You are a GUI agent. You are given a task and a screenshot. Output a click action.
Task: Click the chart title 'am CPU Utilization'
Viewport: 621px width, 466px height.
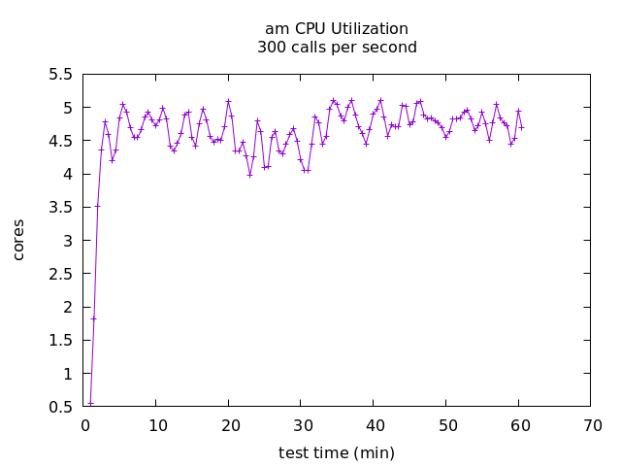coord(337,29)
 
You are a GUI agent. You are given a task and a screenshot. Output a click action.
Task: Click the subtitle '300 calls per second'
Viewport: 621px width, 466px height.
coord(337,48)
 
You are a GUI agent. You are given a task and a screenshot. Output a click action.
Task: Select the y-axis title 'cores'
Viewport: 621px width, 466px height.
coord(18,239)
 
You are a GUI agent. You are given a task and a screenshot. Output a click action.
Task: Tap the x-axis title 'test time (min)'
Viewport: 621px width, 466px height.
coord(337,453)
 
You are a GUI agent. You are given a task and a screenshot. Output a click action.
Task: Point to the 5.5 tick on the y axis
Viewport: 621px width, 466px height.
coord(60,75)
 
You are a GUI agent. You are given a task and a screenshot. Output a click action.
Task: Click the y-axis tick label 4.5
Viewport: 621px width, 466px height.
coord(60,141)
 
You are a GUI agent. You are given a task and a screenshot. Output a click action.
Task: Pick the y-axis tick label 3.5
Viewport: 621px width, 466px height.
coord(60,208)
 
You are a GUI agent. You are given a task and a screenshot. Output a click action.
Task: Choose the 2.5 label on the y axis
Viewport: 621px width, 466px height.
coord(60,274)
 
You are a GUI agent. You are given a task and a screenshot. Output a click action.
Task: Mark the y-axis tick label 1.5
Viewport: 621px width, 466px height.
coord(60,341)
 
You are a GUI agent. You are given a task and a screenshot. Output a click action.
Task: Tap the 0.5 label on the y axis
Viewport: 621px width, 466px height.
coord(60,407)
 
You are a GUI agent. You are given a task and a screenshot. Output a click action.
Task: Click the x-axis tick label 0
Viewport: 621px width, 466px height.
coord(85,425)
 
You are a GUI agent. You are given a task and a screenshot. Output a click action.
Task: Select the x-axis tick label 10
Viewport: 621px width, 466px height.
coord(157,425)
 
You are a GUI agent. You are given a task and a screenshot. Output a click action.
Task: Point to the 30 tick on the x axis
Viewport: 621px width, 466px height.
coord(302,425)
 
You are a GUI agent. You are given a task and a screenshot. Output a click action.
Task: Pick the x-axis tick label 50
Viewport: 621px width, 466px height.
coord(447,425)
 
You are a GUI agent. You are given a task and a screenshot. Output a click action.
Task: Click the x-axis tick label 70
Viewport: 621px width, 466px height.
coord(592,425)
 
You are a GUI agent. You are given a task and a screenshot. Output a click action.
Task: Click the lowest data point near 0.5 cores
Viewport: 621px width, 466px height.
coord(90,403)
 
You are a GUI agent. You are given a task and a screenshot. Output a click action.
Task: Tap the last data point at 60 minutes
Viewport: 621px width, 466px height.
coord(521,127)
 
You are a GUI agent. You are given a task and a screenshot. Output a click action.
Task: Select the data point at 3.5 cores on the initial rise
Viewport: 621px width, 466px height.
coord(97,206)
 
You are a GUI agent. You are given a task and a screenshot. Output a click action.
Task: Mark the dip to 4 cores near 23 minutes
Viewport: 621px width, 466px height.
coord(249,175)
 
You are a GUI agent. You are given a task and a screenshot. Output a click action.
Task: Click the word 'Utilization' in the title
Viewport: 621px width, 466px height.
coord(372,29)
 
